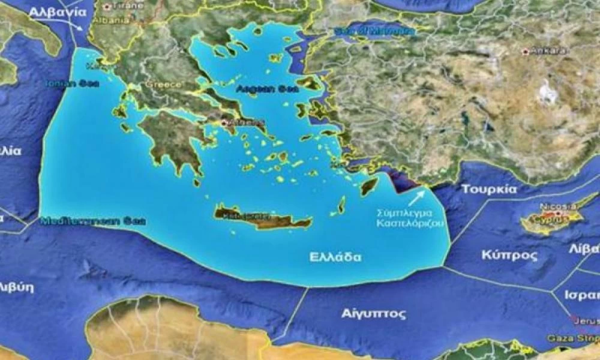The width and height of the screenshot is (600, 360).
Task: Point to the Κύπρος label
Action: (509, 255)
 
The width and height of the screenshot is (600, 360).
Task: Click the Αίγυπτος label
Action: (373, 313)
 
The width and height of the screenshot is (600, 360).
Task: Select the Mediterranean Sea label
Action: (93, 221)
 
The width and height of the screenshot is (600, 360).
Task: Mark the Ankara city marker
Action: (526, 52)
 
